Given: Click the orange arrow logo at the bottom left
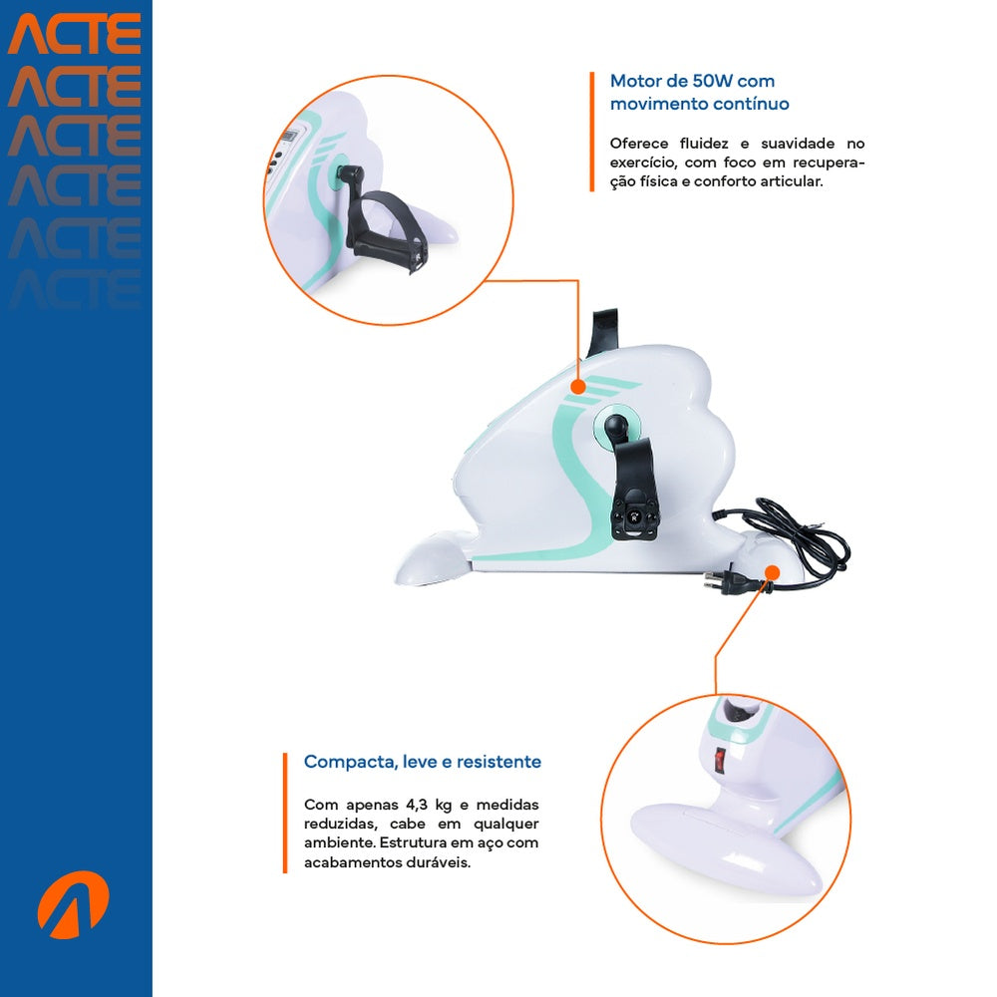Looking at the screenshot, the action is tap(73, 904).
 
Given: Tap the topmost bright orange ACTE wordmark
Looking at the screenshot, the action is tap(75, 34).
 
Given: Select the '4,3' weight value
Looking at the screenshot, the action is tap(417, 805).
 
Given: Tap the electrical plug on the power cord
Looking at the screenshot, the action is tap(731, 581).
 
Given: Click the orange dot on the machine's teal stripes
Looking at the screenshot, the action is tap(577, 387).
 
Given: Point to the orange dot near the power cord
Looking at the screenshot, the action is tap(772, 573).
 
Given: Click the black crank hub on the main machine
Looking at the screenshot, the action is tap(616, 424).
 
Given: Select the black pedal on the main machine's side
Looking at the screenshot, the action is tap(633, 490).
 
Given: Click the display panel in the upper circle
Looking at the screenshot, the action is tap(290, 137).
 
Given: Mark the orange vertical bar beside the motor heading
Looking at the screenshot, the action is tap(592, 132).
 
